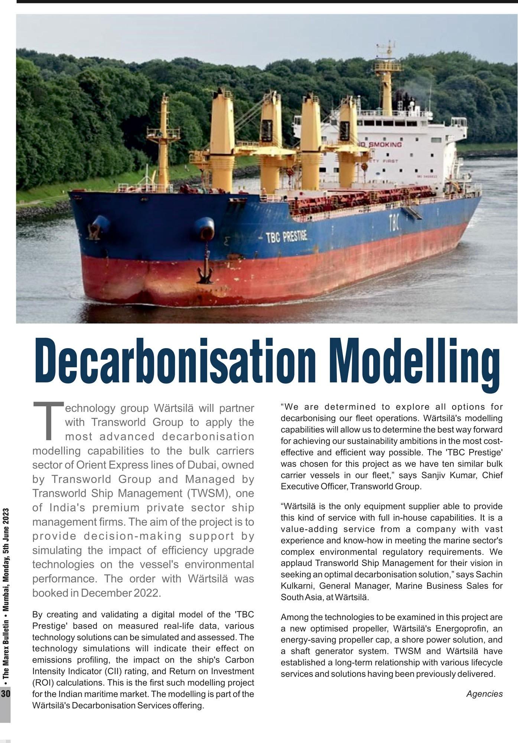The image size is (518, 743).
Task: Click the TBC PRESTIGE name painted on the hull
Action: coord(286,237)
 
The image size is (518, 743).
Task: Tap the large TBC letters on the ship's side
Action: coord(394,223)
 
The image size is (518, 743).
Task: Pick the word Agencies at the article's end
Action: coord(484,693)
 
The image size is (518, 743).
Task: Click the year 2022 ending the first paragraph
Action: coord(147,593)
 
